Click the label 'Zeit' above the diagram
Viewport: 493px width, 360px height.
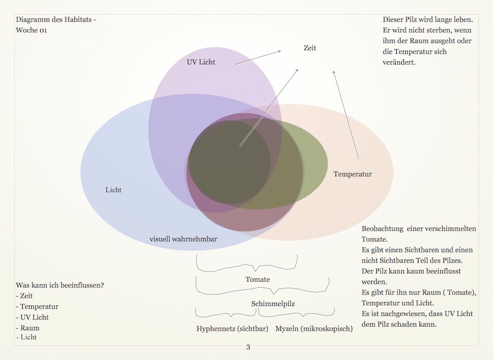pyautogui.click(x=310, y=48)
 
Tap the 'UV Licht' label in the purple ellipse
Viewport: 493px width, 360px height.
pyautogui.click(x=201, y=62)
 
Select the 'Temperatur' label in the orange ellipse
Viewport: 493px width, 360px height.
pyautogui.click(x=353, y=174)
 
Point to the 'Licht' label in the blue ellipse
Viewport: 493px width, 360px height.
pyautogui.click(x=114, y=190)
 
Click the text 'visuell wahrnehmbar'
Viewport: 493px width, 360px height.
pyautogui.click(x=183, y=239)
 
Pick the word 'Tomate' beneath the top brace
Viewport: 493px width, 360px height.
pyautogui.click(x=258, y=279)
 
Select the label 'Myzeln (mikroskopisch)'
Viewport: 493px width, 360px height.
pyautogui.click(x=314, y=328)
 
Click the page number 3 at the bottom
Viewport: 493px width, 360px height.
pyautogui.click(x=248, y=348)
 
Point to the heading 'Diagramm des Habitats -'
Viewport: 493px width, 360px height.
pyautogui.click(x=56, y=20)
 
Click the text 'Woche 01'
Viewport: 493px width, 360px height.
pyautogui.click(x=31, y=31)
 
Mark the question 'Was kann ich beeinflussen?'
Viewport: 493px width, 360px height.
pyautogui.click(x=60, y=285)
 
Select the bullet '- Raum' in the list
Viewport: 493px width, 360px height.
pyautogui.click(x=28, y=328)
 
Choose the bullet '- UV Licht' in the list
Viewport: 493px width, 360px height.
pyautogui.click(x=32, y=317)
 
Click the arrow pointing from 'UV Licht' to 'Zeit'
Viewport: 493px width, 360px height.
pyautogui.click(x=258, y=57)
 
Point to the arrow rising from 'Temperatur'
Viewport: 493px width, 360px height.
pyautogui.click(x=346, y=114)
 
